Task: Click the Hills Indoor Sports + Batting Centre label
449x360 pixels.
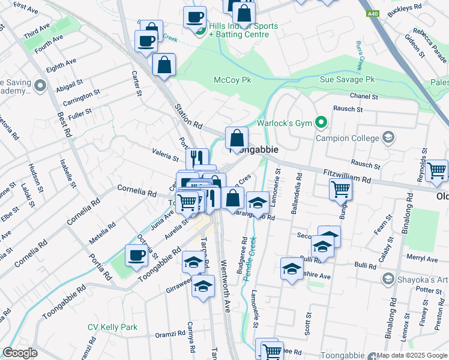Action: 243,31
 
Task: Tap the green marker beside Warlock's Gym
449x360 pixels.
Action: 321,124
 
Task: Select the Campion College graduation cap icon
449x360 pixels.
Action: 388,138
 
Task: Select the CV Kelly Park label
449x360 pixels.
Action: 112,327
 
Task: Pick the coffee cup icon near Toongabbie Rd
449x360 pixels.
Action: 136,256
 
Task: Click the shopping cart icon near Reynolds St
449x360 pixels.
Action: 436,170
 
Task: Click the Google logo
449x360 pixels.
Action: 20,353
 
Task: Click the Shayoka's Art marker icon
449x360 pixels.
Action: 388,279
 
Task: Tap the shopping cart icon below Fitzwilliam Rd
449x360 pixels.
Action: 340,190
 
